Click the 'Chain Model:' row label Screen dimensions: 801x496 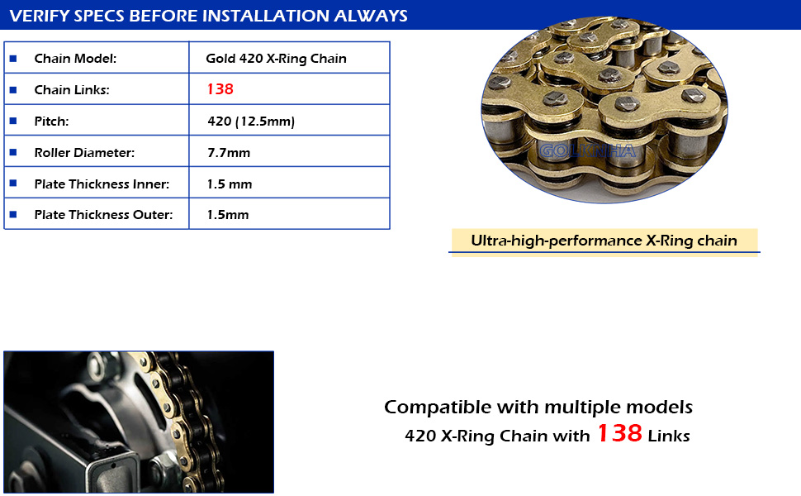75,59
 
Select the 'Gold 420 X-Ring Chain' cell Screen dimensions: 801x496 276,59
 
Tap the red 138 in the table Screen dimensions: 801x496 220,89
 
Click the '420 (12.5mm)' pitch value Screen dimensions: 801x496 251,122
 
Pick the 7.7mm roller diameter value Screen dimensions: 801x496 229,152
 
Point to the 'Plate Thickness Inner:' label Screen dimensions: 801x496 102,184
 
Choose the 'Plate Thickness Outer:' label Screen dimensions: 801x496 103,214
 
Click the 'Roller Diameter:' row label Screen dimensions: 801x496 84,152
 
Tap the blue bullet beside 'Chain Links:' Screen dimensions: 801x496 13,89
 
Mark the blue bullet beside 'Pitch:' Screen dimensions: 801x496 13,121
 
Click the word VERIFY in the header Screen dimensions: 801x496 40,16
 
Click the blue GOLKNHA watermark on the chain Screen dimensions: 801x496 587,150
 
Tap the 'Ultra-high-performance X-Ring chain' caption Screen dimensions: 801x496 604,241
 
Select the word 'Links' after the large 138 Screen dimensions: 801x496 669,436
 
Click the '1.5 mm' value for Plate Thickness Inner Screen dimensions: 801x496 230,184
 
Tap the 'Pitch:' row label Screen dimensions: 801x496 51,122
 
